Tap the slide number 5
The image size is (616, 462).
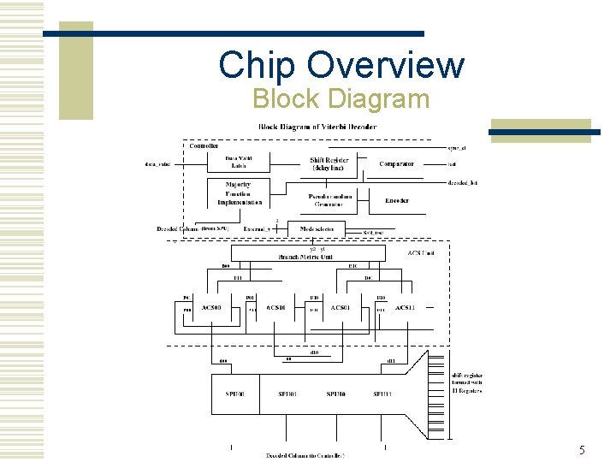(582, 450)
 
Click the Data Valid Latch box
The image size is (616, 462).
(239, 163)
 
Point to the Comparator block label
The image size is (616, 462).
(396, 163)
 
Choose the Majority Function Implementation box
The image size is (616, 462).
(239, 193)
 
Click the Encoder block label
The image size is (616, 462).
(396, 200)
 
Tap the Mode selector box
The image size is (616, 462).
(316, 229)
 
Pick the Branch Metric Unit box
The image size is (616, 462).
(305, 255)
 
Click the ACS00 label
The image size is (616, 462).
(210, 307)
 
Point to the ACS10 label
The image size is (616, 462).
(275, 307)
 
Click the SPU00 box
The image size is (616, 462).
(234, 394)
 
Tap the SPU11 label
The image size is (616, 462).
(382, 394)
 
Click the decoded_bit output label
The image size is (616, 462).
(462, 182)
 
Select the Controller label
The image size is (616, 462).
(204, 145)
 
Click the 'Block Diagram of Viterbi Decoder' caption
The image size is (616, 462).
(317, 127)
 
